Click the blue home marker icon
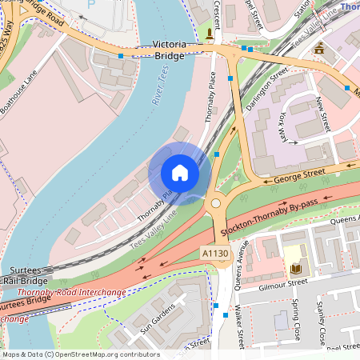pos(180,173)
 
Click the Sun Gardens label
pos(157,318)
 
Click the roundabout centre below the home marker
pos(215,203)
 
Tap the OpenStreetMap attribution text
pos(80,354)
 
